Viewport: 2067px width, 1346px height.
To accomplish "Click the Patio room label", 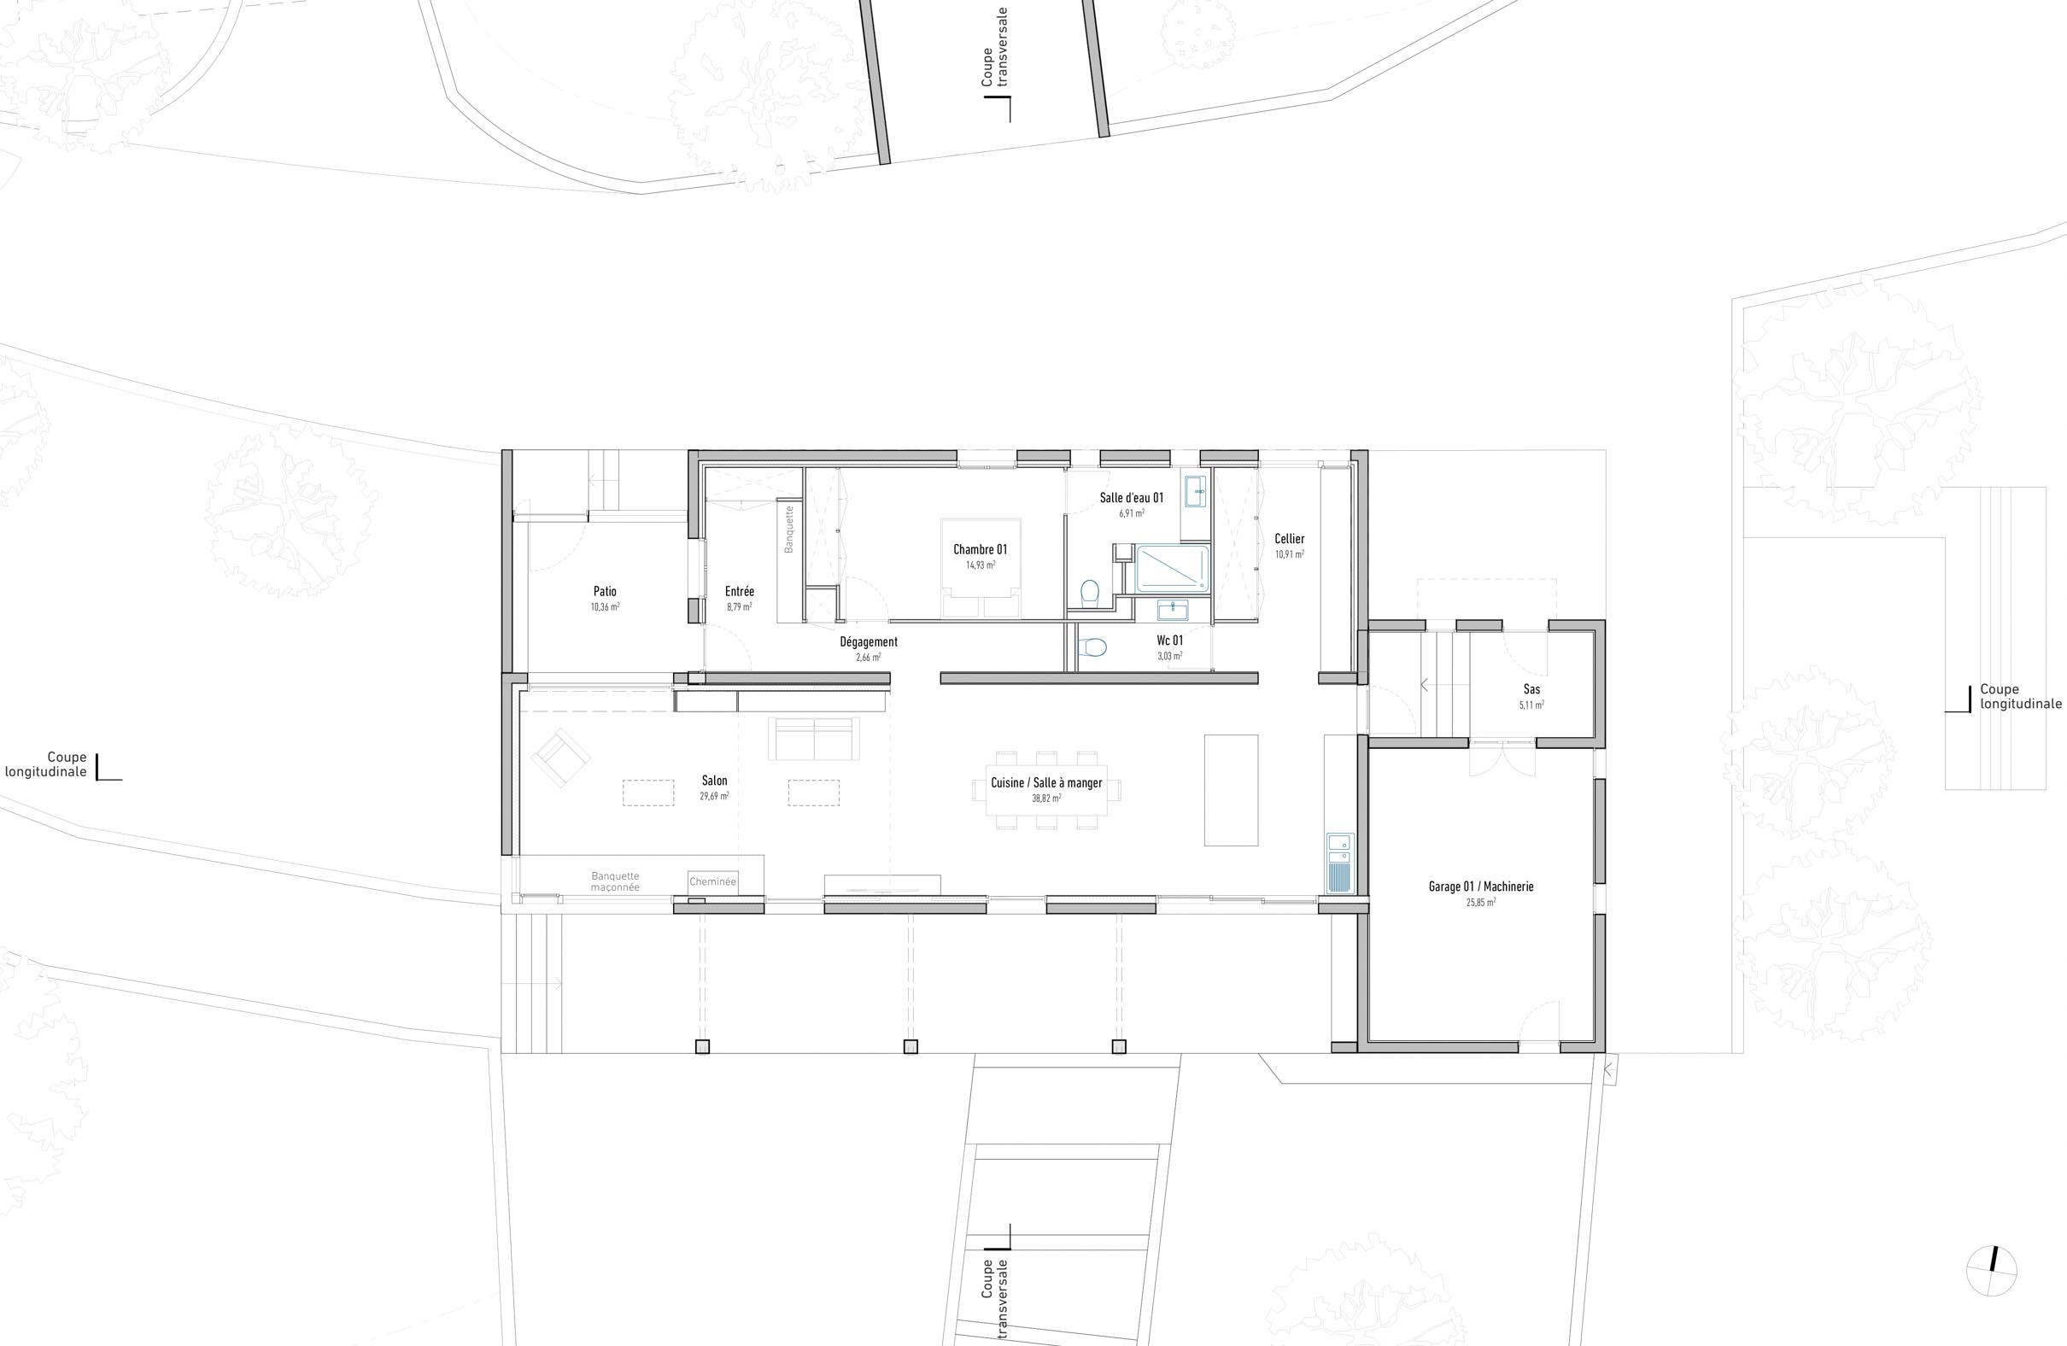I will [605, 591].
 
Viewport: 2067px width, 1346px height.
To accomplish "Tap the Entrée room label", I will [739, 591].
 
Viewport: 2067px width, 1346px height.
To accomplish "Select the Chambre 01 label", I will [980, 549].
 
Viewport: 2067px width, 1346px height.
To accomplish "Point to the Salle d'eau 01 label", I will [1131, 498].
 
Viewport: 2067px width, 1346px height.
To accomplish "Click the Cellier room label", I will [1289, 538].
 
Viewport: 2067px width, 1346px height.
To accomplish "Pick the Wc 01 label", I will [1169, 640].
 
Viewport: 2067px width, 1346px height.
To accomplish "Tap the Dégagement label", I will [868, 641].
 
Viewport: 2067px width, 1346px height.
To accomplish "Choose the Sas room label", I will [1531, 689].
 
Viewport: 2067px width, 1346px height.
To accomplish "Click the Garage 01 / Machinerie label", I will [1481, 887].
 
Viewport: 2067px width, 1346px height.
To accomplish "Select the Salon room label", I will [714, 781].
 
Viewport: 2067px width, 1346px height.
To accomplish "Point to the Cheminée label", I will [712, 881].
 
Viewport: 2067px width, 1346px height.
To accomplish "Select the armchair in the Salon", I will [560, 758].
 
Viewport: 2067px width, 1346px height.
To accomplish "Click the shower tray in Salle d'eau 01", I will [1172, 569].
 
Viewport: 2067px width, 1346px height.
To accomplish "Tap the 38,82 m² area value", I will [1045, 798].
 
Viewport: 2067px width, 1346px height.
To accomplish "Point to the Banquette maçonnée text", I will [615, 881].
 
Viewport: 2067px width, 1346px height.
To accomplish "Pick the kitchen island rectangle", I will [1230, 789].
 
